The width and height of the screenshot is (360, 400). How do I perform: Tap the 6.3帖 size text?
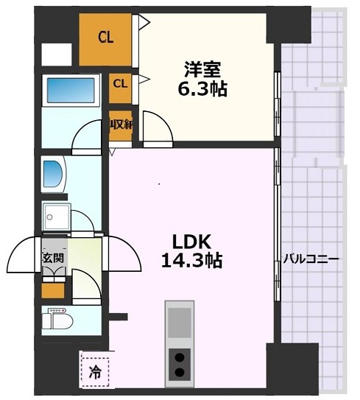[x=203, y=89]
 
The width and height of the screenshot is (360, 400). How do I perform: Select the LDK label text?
[x=192, y=242]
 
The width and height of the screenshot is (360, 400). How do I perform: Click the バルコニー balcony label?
[x=311, y=259]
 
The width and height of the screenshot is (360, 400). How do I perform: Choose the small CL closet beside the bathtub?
[x=120, y=83]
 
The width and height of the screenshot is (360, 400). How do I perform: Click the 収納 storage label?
[x=121, y=125]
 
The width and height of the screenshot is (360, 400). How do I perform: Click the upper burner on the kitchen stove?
[x=179, y=356]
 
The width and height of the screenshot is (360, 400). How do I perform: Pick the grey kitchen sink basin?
[x=179, y=322]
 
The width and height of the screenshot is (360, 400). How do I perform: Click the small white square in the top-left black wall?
[x=56, y=55]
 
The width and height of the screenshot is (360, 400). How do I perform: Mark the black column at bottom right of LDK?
[x=291, y=366]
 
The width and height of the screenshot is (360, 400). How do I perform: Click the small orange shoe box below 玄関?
[x=53, y=290]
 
